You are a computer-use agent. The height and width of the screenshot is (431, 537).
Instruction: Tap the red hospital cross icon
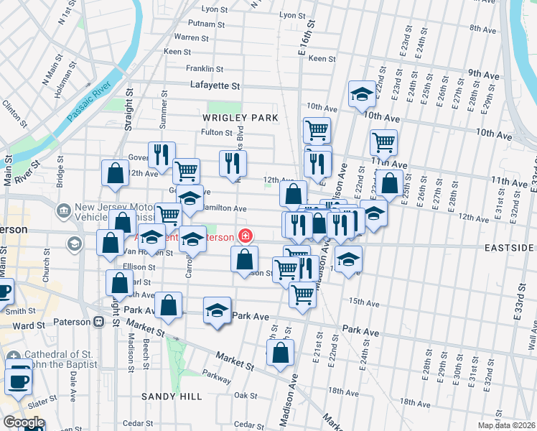coord(246,236)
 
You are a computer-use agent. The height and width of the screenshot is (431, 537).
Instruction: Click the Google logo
coord(24,422)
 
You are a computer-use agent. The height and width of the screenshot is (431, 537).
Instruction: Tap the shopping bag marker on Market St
coord(280,353)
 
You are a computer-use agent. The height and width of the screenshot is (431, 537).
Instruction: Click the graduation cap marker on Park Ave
coord(217,311)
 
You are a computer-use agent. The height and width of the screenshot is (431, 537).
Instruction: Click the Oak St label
coord(246,395)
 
